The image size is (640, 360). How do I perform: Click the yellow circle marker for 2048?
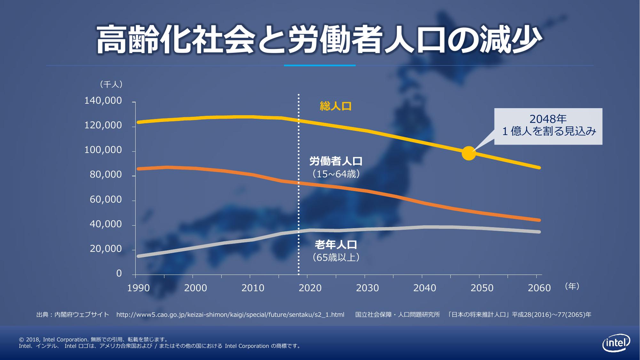(x=469, y=153)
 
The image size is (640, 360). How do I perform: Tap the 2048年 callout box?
(x=548, y=126)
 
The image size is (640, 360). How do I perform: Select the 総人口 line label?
(x=336, y=106)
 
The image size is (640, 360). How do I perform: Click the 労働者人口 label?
(x=336, y=161)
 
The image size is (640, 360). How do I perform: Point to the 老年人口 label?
(x=336, y=245)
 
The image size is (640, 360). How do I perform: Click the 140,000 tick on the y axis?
(x=103, y=101)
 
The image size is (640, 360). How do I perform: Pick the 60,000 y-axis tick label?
(x=106, y=200)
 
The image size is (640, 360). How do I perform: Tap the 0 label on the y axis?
(x=119, y=274)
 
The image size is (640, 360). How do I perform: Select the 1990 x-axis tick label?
(x=138, y=288)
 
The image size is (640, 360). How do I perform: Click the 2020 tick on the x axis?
(x=310, y=288)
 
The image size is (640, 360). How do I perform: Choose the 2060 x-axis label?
(x=539, y=288)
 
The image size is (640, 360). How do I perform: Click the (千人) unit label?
(x=111, y=84)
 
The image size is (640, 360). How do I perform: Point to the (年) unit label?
(x=572, y=286)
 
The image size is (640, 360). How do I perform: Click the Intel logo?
(x=616, y=344)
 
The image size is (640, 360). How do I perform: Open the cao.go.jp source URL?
(x=230, y=315)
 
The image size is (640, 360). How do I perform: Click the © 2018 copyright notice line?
(x=93, y=340)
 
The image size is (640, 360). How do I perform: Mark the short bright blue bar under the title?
(x=320, y=66)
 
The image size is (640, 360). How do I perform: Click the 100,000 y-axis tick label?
(x=103, y=150)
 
